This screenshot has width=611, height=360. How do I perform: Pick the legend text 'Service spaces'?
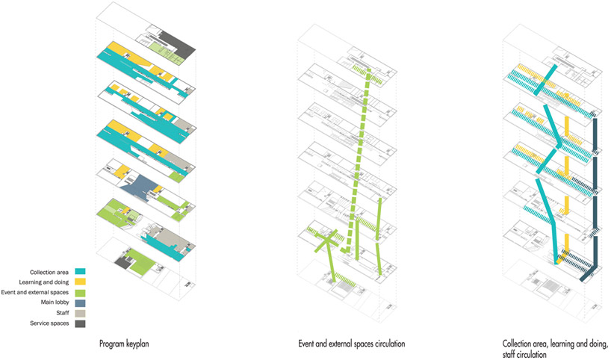click(x=49, y=323)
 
